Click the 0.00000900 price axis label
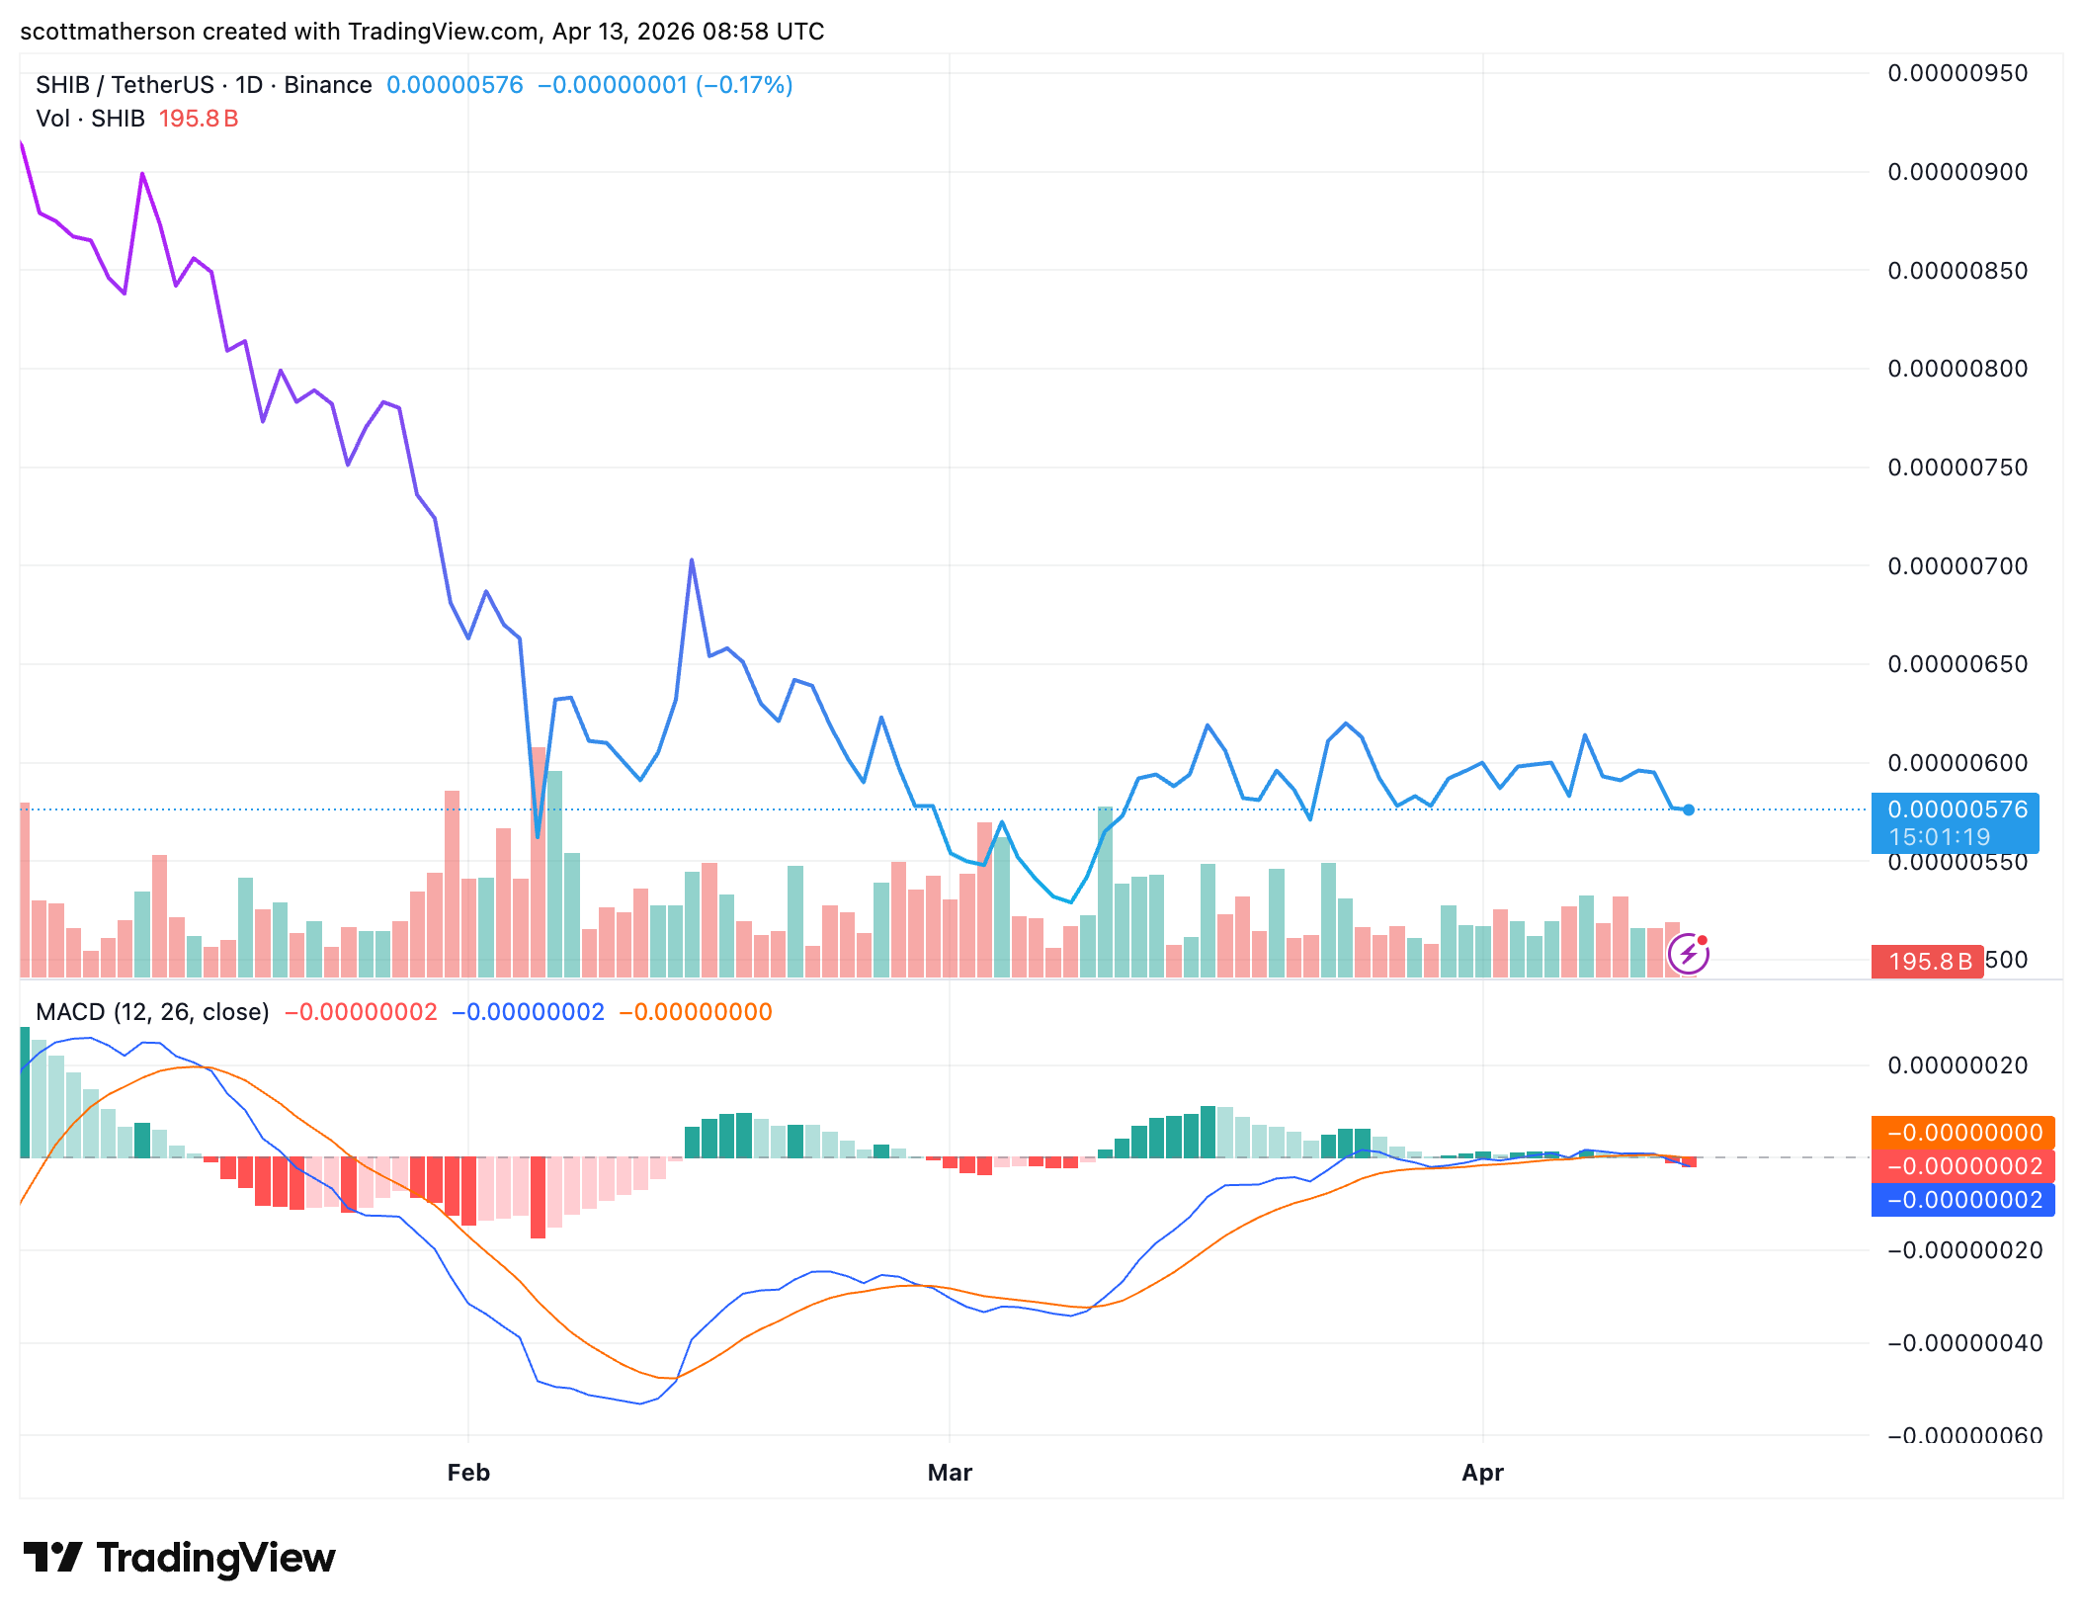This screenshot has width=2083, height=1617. pos(1957,172)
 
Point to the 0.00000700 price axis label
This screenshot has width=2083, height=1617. pos(1957,566)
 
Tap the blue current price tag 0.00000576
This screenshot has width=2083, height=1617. pos(1957,809)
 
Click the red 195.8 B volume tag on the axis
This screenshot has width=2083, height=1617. pos(1927,962)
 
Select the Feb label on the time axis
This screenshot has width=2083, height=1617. pos(468,1473)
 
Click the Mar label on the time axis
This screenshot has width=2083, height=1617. pos(950,1473)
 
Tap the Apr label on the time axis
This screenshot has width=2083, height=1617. pos(1482,1473)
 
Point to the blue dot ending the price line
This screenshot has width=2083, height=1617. pos(1689,810)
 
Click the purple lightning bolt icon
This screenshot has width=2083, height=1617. pos(1688,954)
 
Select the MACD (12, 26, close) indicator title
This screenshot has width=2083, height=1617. pos(152,1012)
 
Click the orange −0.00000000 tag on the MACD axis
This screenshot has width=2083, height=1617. pos(1963,1133)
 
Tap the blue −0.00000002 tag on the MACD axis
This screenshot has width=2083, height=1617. pos(1963,1200)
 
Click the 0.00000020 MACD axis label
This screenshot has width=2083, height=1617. pos(1957,1065)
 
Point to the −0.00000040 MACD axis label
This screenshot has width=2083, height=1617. pos(1963,1343)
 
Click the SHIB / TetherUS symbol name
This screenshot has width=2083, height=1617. pos(125,85)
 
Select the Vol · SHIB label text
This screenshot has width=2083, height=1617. pos(90,119)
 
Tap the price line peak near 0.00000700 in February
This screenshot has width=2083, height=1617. pos(692,560)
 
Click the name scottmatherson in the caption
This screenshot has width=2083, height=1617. pos(107,32)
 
